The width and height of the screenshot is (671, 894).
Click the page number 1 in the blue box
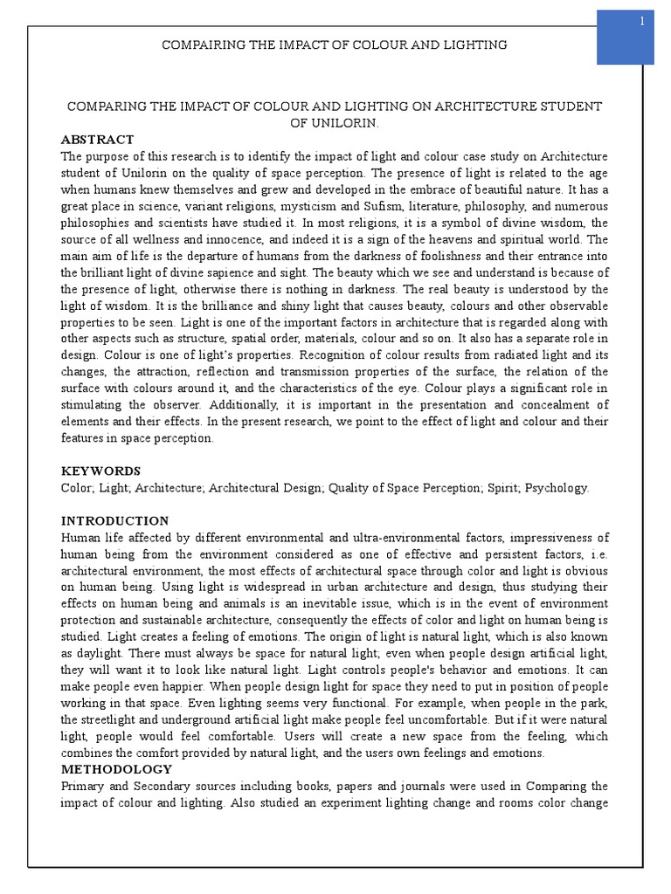click(x=641, y=22)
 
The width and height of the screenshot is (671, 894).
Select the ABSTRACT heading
click(x=97, y=140)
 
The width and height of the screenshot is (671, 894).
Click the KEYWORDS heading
click(x=100, y=471)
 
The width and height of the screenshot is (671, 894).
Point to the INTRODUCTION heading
click(x=114, y=521)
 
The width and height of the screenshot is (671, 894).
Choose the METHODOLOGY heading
click(x=116, y=769)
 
